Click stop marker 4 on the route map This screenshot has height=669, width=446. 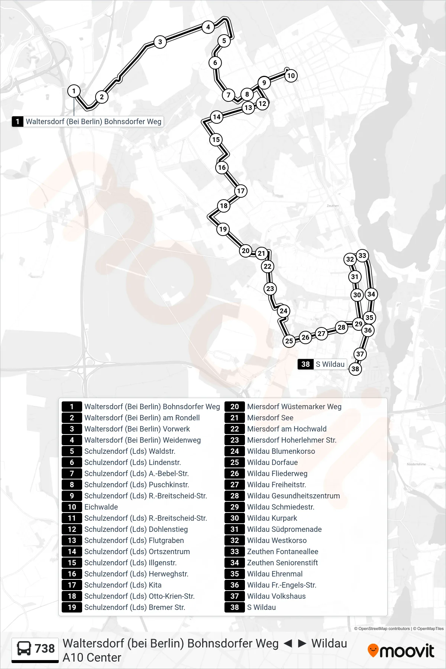click(208, 27)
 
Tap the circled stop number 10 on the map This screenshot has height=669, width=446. click(291, 76)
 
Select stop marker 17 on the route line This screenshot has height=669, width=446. click(241, 191)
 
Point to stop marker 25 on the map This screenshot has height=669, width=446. click(289, 341)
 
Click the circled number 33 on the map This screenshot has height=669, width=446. click(362, 255)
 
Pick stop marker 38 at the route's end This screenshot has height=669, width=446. click(355, 369)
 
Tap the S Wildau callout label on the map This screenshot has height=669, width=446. click(322, 364)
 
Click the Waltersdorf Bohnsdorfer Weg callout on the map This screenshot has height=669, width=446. click(88, 122)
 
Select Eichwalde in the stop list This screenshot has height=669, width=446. click(96, 507)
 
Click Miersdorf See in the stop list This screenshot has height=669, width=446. click(270, 418)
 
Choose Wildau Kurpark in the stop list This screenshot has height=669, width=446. click(272, 518)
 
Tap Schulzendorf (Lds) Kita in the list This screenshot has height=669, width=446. click(123, 585)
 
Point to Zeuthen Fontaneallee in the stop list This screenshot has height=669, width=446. click(283, 552)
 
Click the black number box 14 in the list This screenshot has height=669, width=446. click(72, 552)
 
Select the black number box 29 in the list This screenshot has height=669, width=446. click(235, 507)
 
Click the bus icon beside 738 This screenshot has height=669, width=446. click(24, 649)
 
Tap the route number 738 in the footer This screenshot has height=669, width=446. click(45, 649)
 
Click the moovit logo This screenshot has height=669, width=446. click(401, 650)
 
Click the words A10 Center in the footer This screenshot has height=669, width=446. click(92, 657)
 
